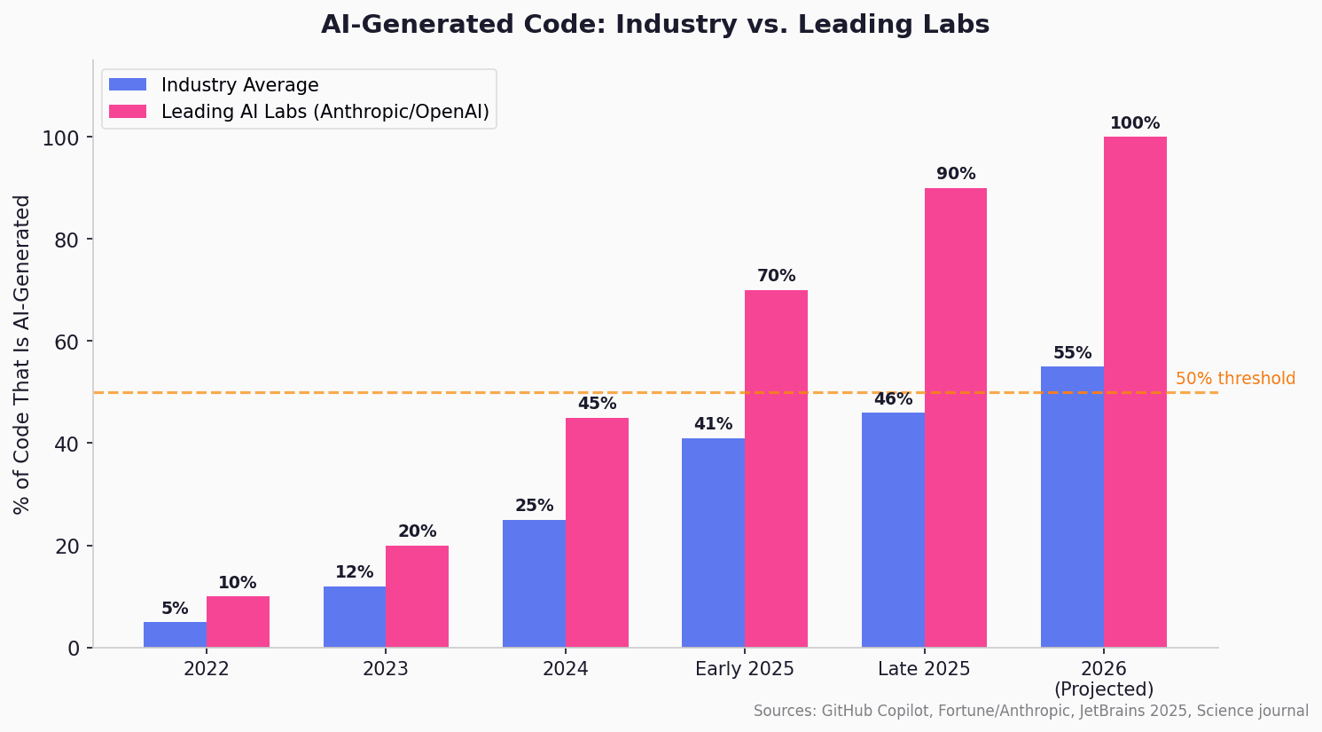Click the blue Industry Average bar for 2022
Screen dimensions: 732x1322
pyautogui.click(x=175, y=634)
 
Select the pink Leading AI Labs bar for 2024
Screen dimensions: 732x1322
pyautogui.click(x=597, y=532)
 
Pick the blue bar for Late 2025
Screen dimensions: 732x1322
pyautogui.click(x=893, y=530)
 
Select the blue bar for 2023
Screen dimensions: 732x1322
pyautogui.click(x=355, y=617)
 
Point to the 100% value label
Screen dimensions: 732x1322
pyautogui.click(x=1135, y=123)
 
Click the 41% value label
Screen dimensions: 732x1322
pyautogui.click(x=713, y=424)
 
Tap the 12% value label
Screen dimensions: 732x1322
pyautogui.click(x=355, y=572)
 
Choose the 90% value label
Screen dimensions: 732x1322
pyautogui.click(x=956, y=174)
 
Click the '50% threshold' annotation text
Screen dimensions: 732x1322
pyautogui.click(x=1235, y=379)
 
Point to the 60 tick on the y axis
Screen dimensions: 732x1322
pyautogui.click(x=68, y=342)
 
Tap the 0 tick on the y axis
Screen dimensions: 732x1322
pyautogui.click(x=74, y=649)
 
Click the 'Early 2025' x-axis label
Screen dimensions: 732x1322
pyautogui.click(x=745, y=669)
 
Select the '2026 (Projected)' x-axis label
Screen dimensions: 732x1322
pyautogui.click(x=1104, y=679)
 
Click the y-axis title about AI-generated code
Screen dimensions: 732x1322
pyautogui.click(x=22, y=354)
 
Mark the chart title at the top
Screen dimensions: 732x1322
pyautogui.click(x=655, y=25)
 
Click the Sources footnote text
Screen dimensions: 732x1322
pyautogui.click(x=1030, y=711)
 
